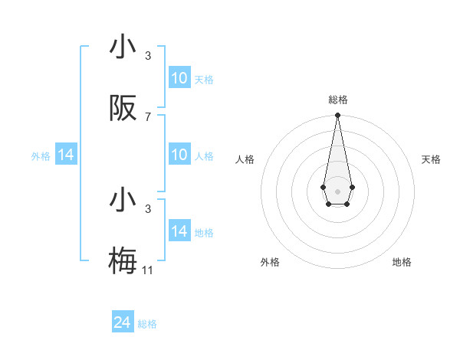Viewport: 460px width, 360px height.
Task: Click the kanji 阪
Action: tap(123, 109)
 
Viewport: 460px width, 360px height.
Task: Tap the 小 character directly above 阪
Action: tap(123, 47)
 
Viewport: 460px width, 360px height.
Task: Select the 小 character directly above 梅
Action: tap(123, 201)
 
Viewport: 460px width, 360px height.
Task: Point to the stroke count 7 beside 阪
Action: tap(148, 116)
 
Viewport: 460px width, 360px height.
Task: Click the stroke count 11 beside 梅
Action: tap(148, 270)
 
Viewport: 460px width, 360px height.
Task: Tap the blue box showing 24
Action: tap(123, 322)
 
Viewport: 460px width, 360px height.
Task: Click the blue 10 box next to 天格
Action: tap(179, 78)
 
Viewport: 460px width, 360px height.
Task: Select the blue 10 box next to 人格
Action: tap(179, 155)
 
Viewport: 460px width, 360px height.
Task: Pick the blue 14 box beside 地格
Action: tap(179, 231)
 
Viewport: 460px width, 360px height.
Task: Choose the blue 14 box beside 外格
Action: tap(66, 155)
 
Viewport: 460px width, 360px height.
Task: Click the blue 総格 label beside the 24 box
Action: tap(147, 324)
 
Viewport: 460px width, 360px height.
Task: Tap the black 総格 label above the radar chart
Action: tap(337, 100)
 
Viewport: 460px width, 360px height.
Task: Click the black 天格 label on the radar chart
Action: tap(431, 159)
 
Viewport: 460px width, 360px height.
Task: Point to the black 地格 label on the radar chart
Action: tap(402, 262)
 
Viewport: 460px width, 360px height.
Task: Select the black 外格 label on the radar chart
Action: tap(270, 262)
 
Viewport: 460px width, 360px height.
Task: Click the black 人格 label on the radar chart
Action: tap(245, 159)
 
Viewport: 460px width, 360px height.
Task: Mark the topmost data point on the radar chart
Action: tap(337, 116)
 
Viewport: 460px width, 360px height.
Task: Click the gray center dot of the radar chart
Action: tap(337, 191)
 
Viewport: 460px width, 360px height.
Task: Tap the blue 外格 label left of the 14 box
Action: tap(41, 155)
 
